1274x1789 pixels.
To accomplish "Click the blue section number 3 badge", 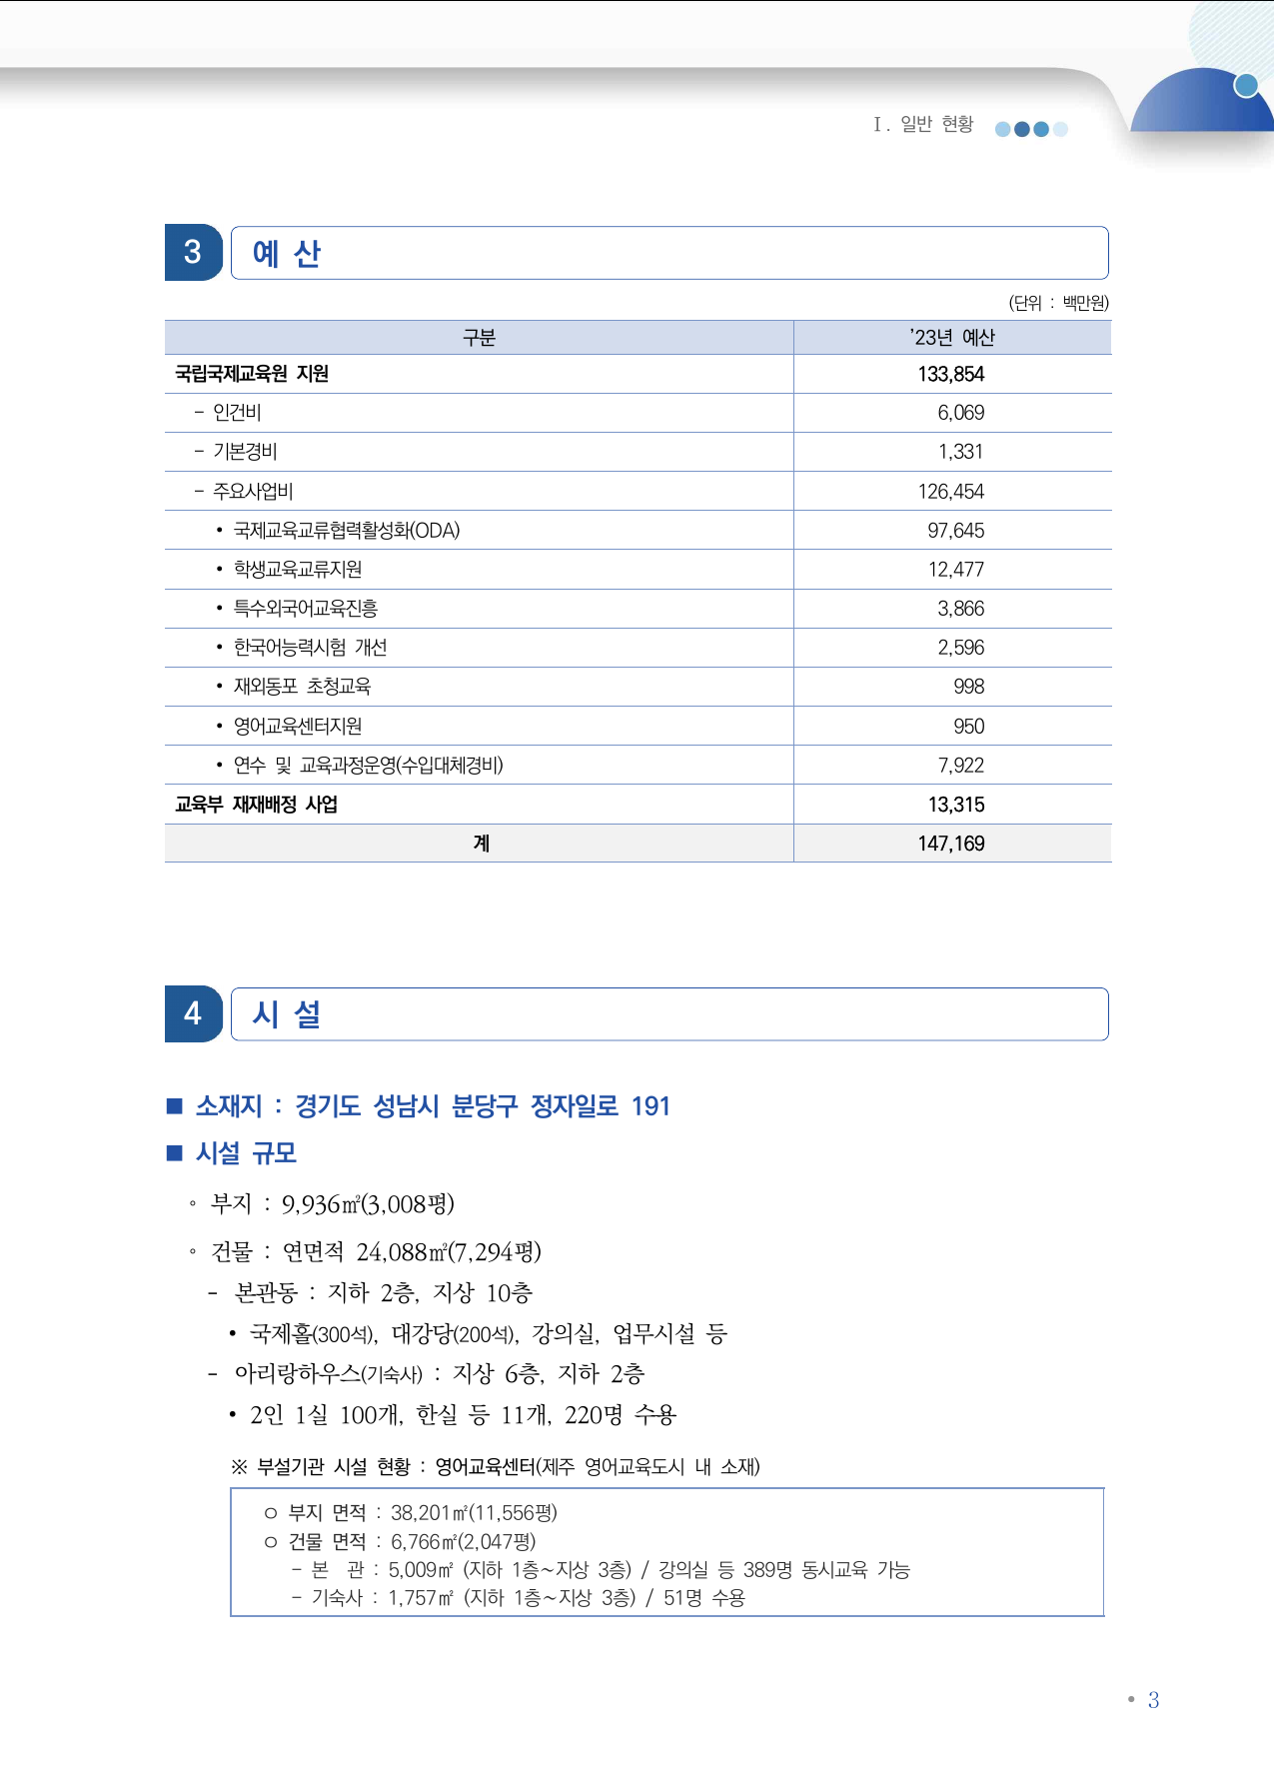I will pos(193,252).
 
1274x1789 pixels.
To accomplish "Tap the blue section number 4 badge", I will pos(193,1013).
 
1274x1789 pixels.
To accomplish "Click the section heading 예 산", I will pos(287,254).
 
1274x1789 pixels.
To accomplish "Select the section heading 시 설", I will pos(287,1014).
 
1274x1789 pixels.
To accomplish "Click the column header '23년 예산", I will pos(951,338).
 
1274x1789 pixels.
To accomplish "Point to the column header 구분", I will pos(479,338).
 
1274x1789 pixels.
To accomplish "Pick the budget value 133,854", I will pos(951,374).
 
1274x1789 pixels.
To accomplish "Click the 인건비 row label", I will pos(237,413).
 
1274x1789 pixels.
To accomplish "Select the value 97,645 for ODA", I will pos(955,531).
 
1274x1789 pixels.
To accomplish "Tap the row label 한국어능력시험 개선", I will pos(310,648).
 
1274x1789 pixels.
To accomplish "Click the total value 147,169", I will pos(951,844).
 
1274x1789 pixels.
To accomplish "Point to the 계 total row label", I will pos(481,844).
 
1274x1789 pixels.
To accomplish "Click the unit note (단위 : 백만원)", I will pos(1058,303).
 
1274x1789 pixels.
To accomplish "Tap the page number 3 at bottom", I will pos(1153,1700).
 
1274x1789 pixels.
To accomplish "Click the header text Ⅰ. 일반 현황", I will pos(923,124).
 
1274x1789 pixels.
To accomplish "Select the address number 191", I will pos(650,1106).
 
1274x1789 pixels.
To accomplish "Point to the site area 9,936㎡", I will pos(320,1204).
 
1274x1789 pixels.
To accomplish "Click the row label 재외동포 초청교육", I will pos(302,687).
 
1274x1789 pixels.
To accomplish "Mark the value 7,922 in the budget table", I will pos(960,766).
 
